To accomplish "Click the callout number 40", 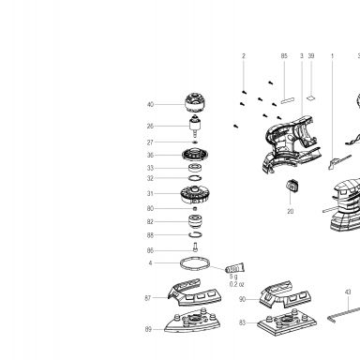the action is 150,104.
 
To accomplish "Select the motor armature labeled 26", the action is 195,126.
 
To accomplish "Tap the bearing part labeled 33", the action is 195,168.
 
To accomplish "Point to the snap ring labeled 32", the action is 195,178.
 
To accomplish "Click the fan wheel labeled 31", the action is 195,195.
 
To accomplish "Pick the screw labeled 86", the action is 195,247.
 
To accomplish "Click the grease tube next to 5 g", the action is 235,268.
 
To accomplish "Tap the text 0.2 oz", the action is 236,284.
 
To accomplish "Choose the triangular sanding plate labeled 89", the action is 192,322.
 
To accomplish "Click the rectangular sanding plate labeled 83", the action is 287,322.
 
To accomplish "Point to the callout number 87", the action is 148,298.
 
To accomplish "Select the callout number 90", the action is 243,299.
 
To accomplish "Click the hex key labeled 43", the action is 344,314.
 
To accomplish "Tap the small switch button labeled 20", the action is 292,186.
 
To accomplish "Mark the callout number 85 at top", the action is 284,56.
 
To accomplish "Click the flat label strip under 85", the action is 288,100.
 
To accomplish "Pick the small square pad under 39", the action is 311,98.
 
